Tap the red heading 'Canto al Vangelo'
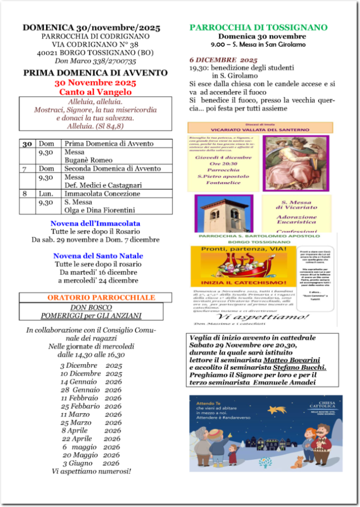click(x=95, y=92)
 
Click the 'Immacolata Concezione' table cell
click(x=102, y=194)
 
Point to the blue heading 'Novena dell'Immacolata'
click(x=95, y=223)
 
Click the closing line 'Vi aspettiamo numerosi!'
click(x=92, y=471)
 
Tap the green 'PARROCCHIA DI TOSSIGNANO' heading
click(x=258, y=27)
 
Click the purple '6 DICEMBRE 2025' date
click(x=223, y=59)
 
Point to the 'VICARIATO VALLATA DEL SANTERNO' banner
click(x=259, y=129)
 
